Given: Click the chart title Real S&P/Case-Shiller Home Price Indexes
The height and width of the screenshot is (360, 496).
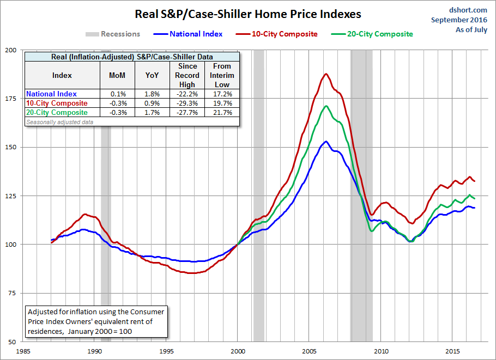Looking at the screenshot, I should (x=248, y=13).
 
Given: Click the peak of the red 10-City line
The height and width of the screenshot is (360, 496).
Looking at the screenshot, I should (x=326, y=74).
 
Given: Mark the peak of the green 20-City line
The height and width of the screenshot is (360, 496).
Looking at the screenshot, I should (x=326, y=106).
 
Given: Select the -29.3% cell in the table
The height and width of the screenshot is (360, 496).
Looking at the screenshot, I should (x=187, y=103).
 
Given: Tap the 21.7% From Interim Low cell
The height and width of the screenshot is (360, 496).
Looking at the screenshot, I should (x=222, y=113).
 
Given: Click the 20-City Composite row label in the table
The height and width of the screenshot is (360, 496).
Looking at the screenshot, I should (x=57, y=113).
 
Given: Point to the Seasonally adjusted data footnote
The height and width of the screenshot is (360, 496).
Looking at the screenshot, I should (x=60, y=121).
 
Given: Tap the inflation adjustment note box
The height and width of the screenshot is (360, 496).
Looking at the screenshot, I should (x=96, y=321).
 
